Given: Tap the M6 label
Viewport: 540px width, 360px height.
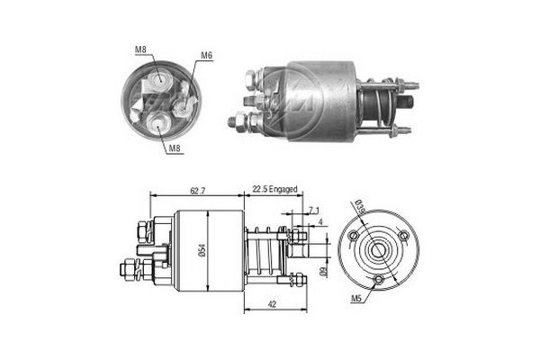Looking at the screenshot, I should tap(206, 56).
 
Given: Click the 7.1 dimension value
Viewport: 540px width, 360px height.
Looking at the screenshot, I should tap(312, 210).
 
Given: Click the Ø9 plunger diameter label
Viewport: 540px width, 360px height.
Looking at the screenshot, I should tap(322, 270).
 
